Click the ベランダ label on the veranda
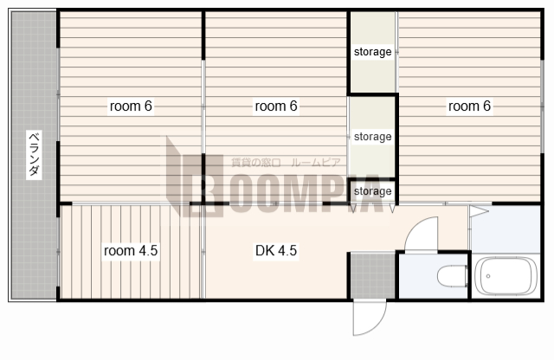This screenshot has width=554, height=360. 34,154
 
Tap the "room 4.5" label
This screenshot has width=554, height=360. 131,250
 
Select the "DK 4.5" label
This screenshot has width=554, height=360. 276,250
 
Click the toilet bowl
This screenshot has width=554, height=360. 453,276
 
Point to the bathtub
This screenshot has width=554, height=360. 506,276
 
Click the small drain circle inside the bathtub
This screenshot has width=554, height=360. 488,276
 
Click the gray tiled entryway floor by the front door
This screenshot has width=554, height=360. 373,275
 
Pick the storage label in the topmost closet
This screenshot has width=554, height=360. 373,52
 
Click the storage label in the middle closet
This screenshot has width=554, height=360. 373,137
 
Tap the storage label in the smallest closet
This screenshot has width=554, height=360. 373,191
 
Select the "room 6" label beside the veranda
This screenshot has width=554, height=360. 131,106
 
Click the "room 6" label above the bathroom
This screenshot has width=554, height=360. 469,106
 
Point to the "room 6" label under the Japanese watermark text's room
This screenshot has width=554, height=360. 276,106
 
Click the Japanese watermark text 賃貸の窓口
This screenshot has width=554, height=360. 256,163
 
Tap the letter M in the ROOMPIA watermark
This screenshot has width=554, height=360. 306,193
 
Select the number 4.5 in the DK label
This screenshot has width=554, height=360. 287,250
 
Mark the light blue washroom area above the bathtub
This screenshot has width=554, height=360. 506,229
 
